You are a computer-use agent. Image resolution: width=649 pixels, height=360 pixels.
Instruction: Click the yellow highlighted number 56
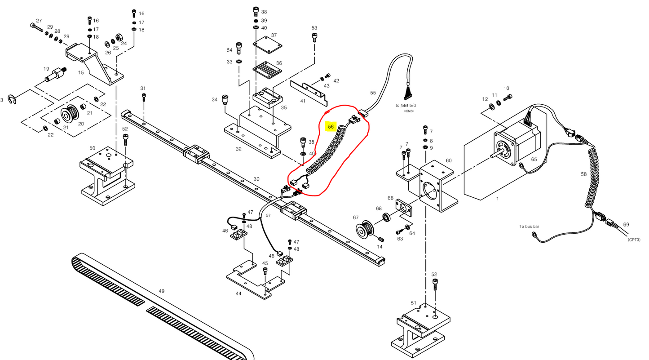(331, 127)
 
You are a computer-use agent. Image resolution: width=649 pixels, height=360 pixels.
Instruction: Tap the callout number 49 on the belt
(162, 291)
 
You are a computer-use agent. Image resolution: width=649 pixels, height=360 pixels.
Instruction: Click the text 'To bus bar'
(529, 227)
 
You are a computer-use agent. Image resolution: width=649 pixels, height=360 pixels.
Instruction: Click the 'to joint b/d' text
(409, 106)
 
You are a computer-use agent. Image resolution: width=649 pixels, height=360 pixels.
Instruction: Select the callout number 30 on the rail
(256, 179)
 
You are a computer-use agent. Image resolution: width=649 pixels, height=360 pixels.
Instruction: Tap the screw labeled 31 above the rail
(143, 96)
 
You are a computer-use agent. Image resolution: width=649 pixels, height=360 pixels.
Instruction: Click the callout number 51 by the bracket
(413, 303)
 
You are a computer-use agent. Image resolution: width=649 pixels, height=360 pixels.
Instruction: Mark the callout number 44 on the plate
(238, 293)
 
